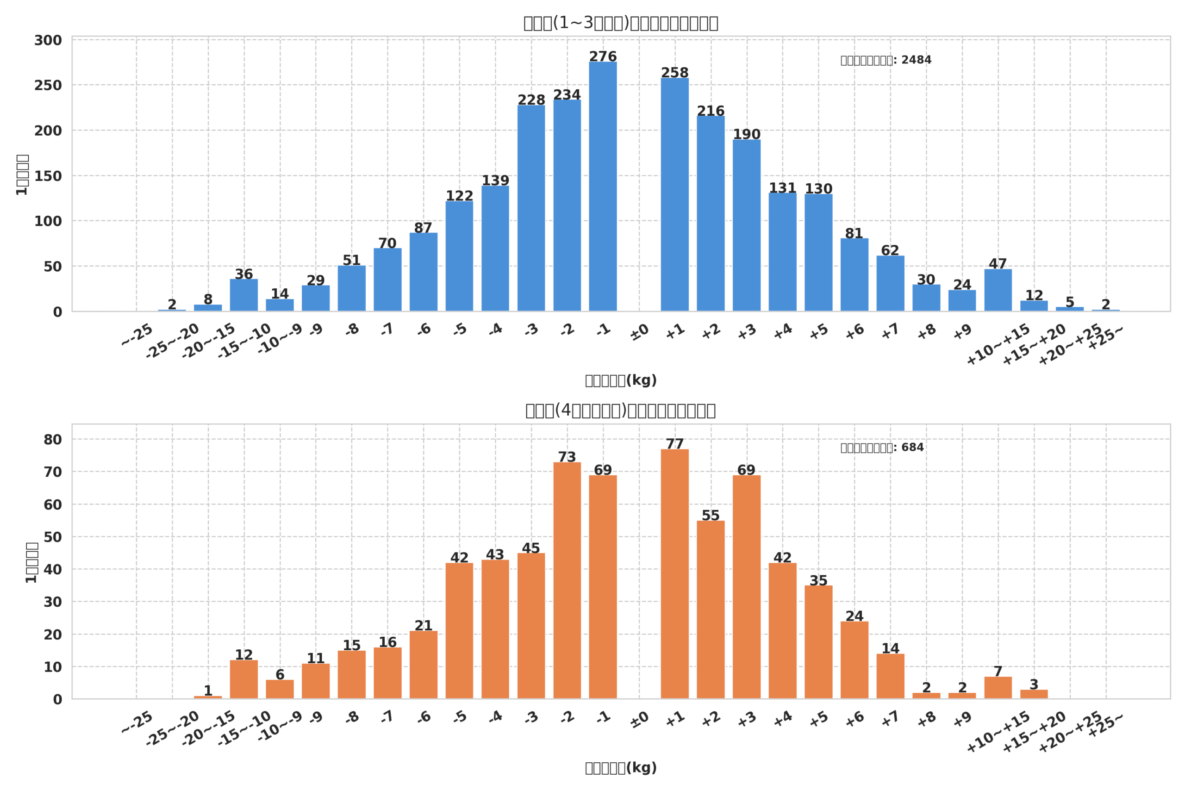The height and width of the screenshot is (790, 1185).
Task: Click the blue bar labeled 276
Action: (603, 187)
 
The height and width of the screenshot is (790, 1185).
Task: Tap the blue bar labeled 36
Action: (244, 295)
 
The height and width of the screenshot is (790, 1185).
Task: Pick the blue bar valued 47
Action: (998, 290)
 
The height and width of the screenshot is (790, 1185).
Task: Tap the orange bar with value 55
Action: (711, 610)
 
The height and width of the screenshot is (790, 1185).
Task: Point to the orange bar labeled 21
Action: (423, 665)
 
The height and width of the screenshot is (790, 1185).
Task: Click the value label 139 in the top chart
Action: (495, 180)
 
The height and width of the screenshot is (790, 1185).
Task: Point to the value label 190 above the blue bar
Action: (746, 134)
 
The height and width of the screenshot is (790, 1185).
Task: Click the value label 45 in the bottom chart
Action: (530, 548)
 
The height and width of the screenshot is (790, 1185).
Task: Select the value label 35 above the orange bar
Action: (818, 580)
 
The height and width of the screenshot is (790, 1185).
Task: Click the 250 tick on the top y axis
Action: (48, 86)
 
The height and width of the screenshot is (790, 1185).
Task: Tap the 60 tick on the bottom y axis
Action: (52, 505)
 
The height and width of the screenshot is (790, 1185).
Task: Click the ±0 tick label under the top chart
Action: (639, 333)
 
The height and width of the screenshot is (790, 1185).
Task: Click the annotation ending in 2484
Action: (886, 60)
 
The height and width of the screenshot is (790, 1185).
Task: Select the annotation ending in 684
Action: (882, 448)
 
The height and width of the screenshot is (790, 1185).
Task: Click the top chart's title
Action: (621, 23)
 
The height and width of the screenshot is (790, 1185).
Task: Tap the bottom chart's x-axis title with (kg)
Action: (621, 768)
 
